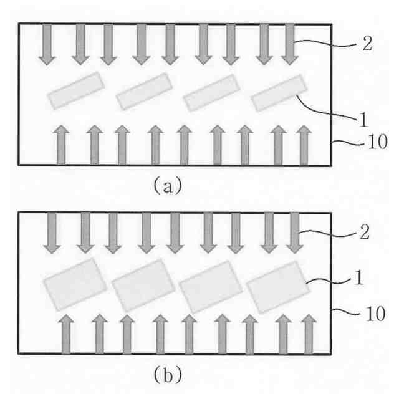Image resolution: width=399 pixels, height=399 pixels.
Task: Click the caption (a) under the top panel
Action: [166, 185]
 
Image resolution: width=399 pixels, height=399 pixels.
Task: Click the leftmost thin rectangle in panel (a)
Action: [76, 90]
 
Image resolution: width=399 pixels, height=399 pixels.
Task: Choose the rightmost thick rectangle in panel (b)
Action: [278, 287]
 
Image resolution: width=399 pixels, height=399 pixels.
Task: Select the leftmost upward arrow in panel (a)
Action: [61, 144]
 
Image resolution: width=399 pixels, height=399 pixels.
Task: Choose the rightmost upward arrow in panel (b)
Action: [307, 334]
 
